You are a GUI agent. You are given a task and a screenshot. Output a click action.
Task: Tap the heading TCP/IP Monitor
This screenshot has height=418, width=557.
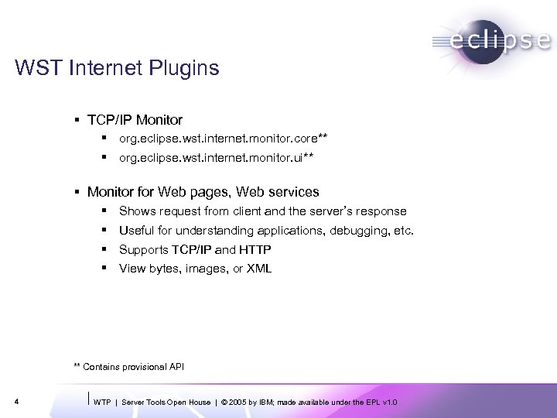[135, 120]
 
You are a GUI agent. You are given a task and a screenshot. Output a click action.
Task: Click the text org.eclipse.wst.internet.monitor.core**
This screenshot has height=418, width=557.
[223, 139]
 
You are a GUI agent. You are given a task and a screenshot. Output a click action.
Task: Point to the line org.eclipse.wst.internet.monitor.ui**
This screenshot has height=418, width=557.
[217, 157]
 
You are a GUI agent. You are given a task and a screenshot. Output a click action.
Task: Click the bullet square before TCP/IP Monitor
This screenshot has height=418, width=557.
[79, 120]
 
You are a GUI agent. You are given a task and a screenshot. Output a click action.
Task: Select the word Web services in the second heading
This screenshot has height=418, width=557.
[282, 191]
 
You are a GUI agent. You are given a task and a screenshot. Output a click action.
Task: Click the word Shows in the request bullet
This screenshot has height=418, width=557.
[136, 211]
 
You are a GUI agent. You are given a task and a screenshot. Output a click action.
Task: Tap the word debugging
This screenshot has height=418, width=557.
[359, 230]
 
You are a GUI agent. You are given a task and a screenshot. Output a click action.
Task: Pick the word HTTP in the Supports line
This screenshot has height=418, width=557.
[255, 249]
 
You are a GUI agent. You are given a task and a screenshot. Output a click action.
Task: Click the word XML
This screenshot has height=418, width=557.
[258, 269]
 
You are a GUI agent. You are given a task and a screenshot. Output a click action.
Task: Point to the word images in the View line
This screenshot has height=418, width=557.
[204, 269]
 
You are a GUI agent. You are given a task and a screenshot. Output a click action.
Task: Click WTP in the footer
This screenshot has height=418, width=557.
[102, 402]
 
